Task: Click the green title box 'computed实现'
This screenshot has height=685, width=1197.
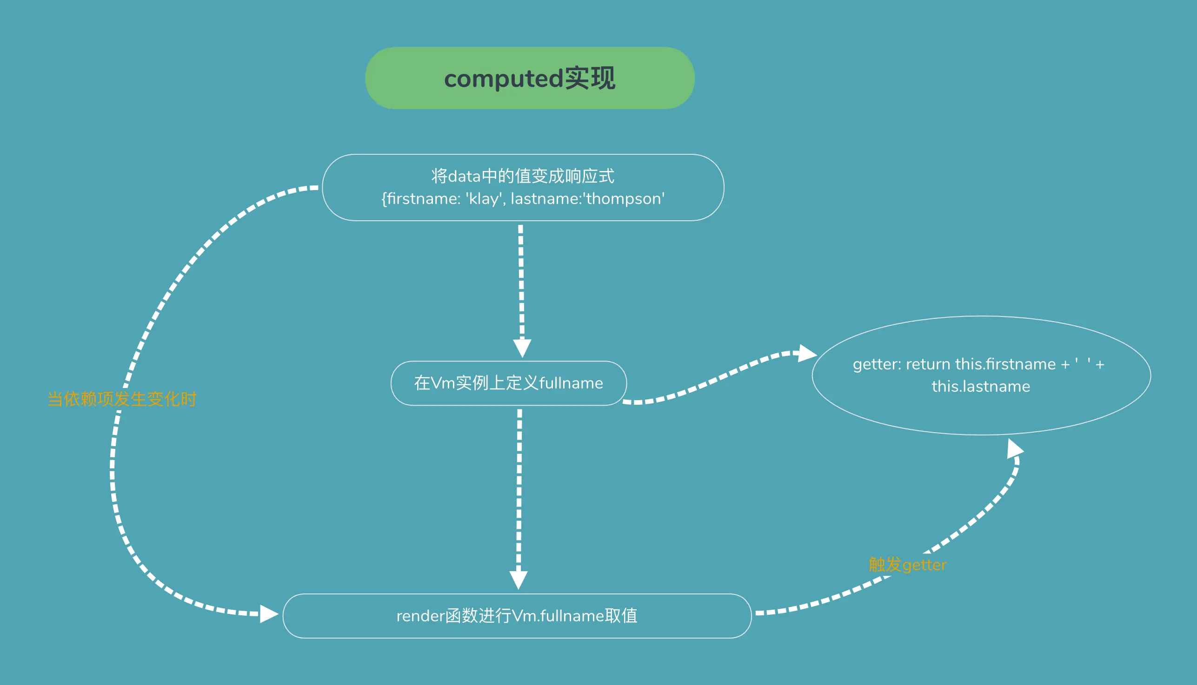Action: [x=530, y=78]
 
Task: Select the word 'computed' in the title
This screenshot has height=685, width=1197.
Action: [x=503, y=79]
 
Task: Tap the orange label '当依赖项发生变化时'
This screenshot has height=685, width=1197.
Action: [x=122, y=399]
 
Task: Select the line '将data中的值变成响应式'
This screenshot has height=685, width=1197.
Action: [x=523, y=176]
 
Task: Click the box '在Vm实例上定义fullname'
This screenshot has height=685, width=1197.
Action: [x=508, y=383]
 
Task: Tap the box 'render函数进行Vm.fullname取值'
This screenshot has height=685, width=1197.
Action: [x=517, y=616]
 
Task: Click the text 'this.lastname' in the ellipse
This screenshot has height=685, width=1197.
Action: [x=981, y=386]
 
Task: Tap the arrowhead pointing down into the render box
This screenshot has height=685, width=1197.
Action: [x=518, y=580]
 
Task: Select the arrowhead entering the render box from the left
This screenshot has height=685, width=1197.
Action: [x=269, y=614]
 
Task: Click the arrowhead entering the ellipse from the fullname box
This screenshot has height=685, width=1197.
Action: [x=807, y=353]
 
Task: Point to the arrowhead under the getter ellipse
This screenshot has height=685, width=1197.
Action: [x=1014, y=448]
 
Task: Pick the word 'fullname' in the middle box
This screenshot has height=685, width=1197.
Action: [x=571, y=383]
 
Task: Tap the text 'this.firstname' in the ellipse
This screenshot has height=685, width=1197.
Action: [x=1005, y=364]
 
